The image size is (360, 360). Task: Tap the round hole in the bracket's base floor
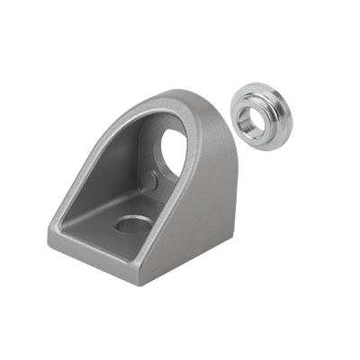[134, 224]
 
